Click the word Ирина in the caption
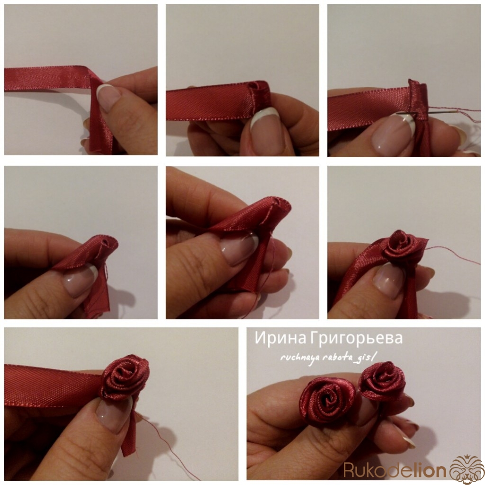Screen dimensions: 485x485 [280, 338]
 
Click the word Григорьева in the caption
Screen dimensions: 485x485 [356, 339]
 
